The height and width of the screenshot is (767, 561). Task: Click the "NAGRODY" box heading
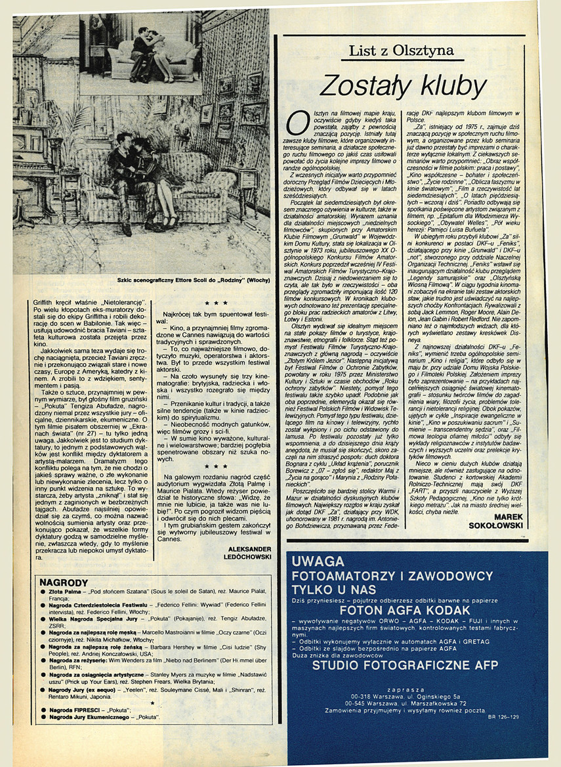(64, 582)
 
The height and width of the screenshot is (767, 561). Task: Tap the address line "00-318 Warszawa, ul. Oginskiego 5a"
(417, 697)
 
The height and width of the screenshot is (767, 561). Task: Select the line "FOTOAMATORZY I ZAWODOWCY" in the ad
(392, 577)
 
